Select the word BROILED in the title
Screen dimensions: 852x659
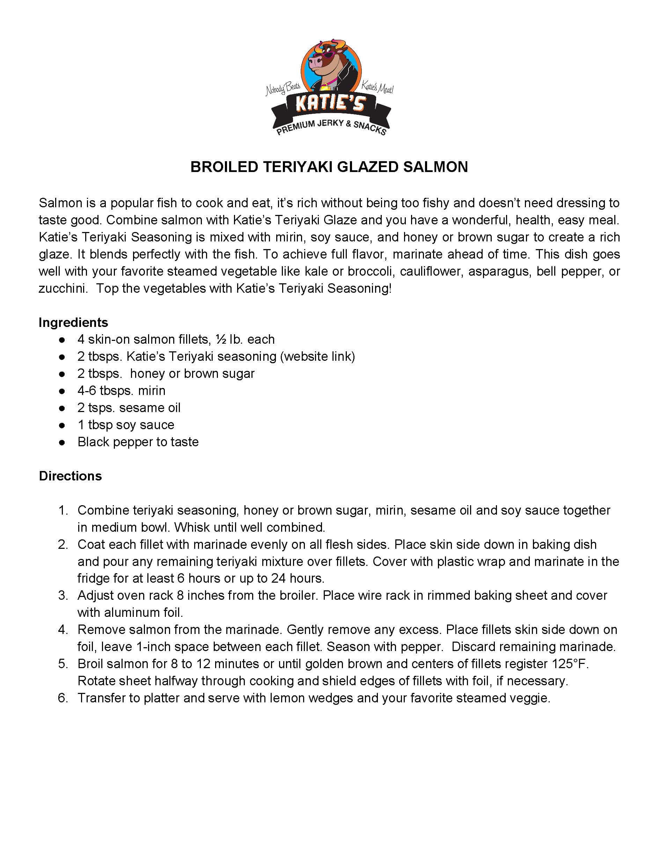pyautogui.click(x=224, y=167)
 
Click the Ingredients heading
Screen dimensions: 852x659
pyautogui.click(x=73, y=322)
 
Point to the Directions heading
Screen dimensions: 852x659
pyautogui.click(x=70, y=476)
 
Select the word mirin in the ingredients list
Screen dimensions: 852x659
pyautogui.click(x=152, y=390)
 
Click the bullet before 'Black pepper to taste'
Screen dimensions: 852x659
pyautogui.click(x=62, y=442)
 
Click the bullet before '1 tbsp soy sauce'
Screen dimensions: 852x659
pyautogui.click(x=62, y=425)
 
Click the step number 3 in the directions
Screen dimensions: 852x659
pyautogui.click(x=63, y=596)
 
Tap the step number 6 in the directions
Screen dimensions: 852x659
pyautogui.click(x=63, y=698)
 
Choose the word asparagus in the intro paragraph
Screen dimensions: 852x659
pyautogui.click(x=500, y=271)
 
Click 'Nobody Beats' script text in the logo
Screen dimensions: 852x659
pyautogui.click(x=283, y=89)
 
